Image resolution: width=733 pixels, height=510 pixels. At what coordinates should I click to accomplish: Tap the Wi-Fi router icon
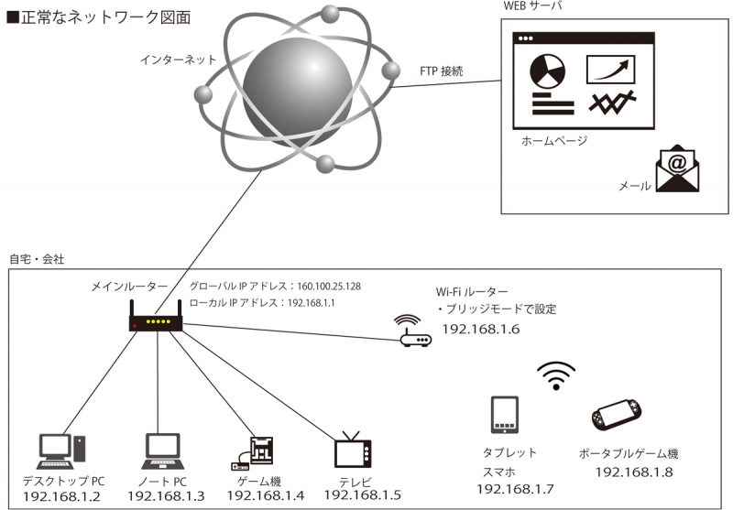coord(414,331)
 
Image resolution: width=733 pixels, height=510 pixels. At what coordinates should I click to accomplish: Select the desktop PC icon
coord(60,451)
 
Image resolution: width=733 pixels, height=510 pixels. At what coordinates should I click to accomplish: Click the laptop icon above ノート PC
coord(163,451)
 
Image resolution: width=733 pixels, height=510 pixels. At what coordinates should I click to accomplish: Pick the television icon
coord(353,450)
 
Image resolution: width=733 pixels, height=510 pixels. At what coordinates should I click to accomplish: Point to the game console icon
coord(253,453)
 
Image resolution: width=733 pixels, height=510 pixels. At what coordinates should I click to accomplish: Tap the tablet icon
coord(505,415)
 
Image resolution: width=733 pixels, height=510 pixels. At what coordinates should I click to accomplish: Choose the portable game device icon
coord(616,414)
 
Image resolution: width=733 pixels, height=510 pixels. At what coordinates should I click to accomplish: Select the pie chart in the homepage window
coord(547,71)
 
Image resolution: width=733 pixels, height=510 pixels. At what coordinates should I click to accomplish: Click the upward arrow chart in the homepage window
coord(610,70)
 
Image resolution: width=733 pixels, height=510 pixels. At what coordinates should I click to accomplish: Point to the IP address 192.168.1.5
coord(362,495)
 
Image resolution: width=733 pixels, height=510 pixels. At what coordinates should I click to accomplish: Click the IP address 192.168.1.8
coord(634,472)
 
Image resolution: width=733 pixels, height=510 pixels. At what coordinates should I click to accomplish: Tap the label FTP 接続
coord(442,71)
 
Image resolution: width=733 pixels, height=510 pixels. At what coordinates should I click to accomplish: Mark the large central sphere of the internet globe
coord(297,91)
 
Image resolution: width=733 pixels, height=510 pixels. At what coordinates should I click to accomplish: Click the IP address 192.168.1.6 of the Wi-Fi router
coord(480,330)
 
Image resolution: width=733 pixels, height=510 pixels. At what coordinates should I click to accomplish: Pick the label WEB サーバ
coord(532,6)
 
